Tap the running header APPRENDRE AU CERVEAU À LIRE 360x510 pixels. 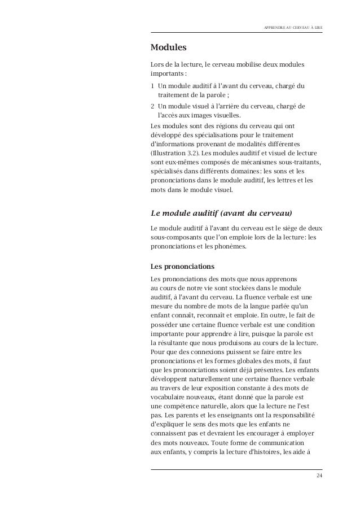click(x=293, y=27)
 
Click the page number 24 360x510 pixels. click(x=319, y=478)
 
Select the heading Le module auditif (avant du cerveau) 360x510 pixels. click(x=222, y=213)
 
